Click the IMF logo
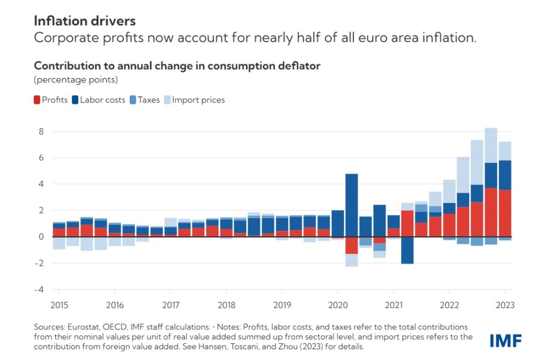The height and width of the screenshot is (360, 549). [x=506, y=340]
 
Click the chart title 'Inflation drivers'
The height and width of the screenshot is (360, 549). [x=85, y=21]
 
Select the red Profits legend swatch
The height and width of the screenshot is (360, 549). [x=38, y=100]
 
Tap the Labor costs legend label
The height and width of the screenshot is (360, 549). [x=102, y=100]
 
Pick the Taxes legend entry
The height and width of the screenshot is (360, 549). [x=149, y=100]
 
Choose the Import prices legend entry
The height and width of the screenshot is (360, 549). [x=198, y=100]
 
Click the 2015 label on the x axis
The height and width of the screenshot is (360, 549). [x=59, y=305]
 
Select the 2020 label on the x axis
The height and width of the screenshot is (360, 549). [x=338, y=305]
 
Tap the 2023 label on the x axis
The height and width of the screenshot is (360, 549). [x=505, y=305]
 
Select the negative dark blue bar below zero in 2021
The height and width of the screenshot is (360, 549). [x=407, y=250]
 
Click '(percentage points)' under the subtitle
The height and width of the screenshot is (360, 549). [x=76, y=80]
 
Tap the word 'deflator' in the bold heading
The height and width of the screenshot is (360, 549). [x=301, y=66]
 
